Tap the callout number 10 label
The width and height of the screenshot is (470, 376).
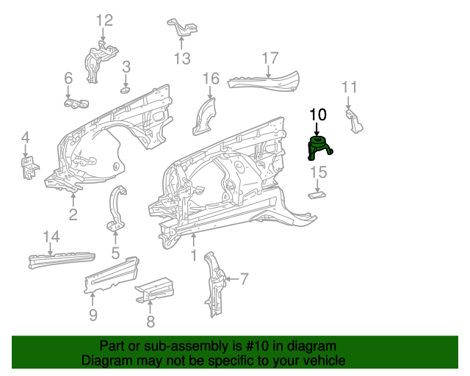coord(317,115)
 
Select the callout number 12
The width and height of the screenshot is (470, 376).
coord(104,21)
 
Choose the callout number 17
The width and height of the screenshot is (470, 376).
coord(270,57)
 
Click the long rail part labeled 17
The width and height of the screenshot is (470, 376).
coord(264,81)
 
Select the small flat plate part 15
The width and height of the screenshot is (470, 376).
coord(317,195)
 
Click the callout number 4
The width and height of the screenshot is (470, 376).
coord(25,137)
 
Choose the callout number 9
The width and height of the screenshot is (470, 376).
coord(93,316)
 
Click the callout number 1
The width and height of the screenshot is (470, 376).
coord(193,256)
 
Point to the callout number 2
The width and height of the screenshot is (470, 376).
coord(73,214)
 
